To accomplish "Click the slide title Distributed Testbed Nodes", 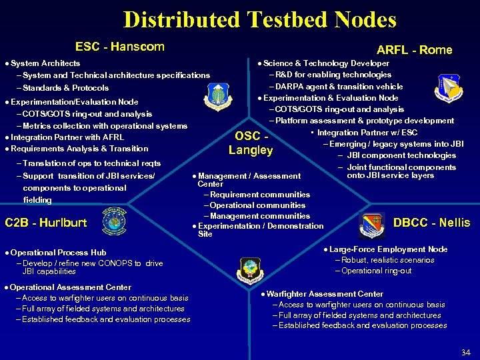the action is pos(259,19).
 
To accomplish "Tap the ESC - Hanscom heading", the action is pos(119,47).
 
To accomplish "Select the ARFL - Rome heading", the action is pos(414,50).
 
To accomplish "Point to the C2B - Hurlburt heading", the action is pos(46,223).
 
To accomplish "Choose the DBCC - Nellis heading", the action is pos(431,223).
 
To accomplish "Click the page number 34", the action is pos(465,352).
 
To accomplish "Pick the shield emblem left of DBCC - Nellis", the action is pos(371,223).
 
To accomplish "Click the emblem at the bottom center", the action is pos(250,269).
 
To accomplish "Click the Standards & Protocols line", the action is pos(65,88).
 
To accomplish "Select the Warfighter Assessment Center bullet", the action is pos(325,294).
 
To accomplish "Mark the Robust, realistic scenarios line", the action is pos(388,260).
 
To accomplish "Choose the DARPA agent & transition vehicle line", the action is pos(339,87).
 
